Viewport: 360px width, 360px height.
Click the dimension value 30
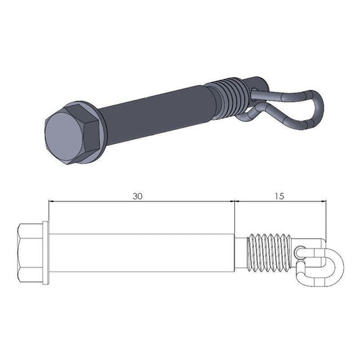(x=138, y=196)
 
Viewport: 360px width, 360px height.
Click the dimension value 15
(x=280, y=196)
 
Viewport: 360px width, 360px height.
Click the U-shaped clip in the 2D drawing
(x=321, y=263)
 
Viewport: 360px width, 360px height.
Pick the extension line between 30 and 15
(x=234, y=216)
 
